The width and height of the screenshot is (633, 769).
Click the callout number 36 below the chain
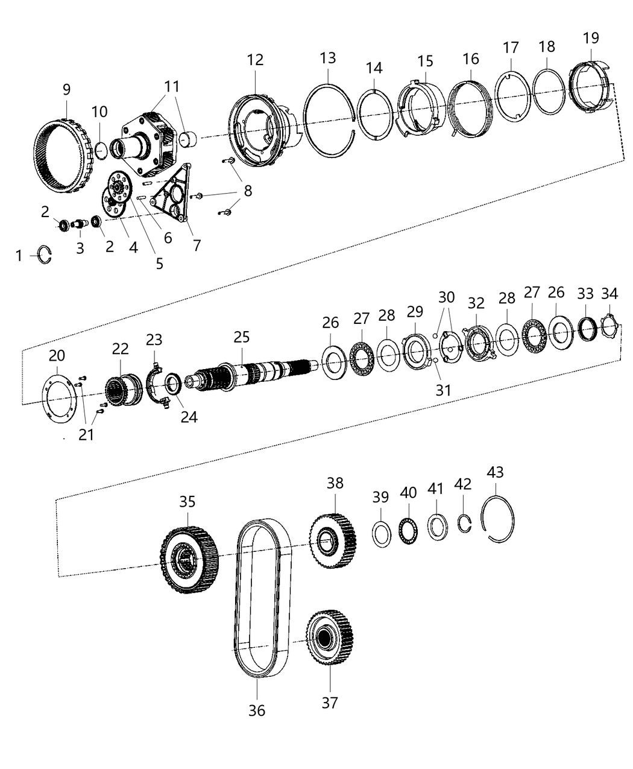(257, 710)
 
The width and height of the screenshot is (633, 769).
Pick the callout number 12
(255, 60)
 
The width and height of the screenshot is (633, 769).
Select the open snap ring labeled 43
(498, 519)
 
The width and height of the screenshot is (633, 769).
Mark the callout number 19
(591, 38)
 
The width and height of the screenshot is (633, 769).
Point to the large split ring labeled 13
(329, 121)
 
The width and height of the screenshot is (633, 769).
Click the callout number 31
(443, 390)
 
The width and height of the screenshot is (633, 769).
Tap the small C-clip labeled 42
(463, 524)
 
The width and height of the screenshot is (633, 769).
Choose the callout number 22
(121, 349)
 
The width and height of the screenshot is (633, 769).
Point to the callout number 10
(99, 112)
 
